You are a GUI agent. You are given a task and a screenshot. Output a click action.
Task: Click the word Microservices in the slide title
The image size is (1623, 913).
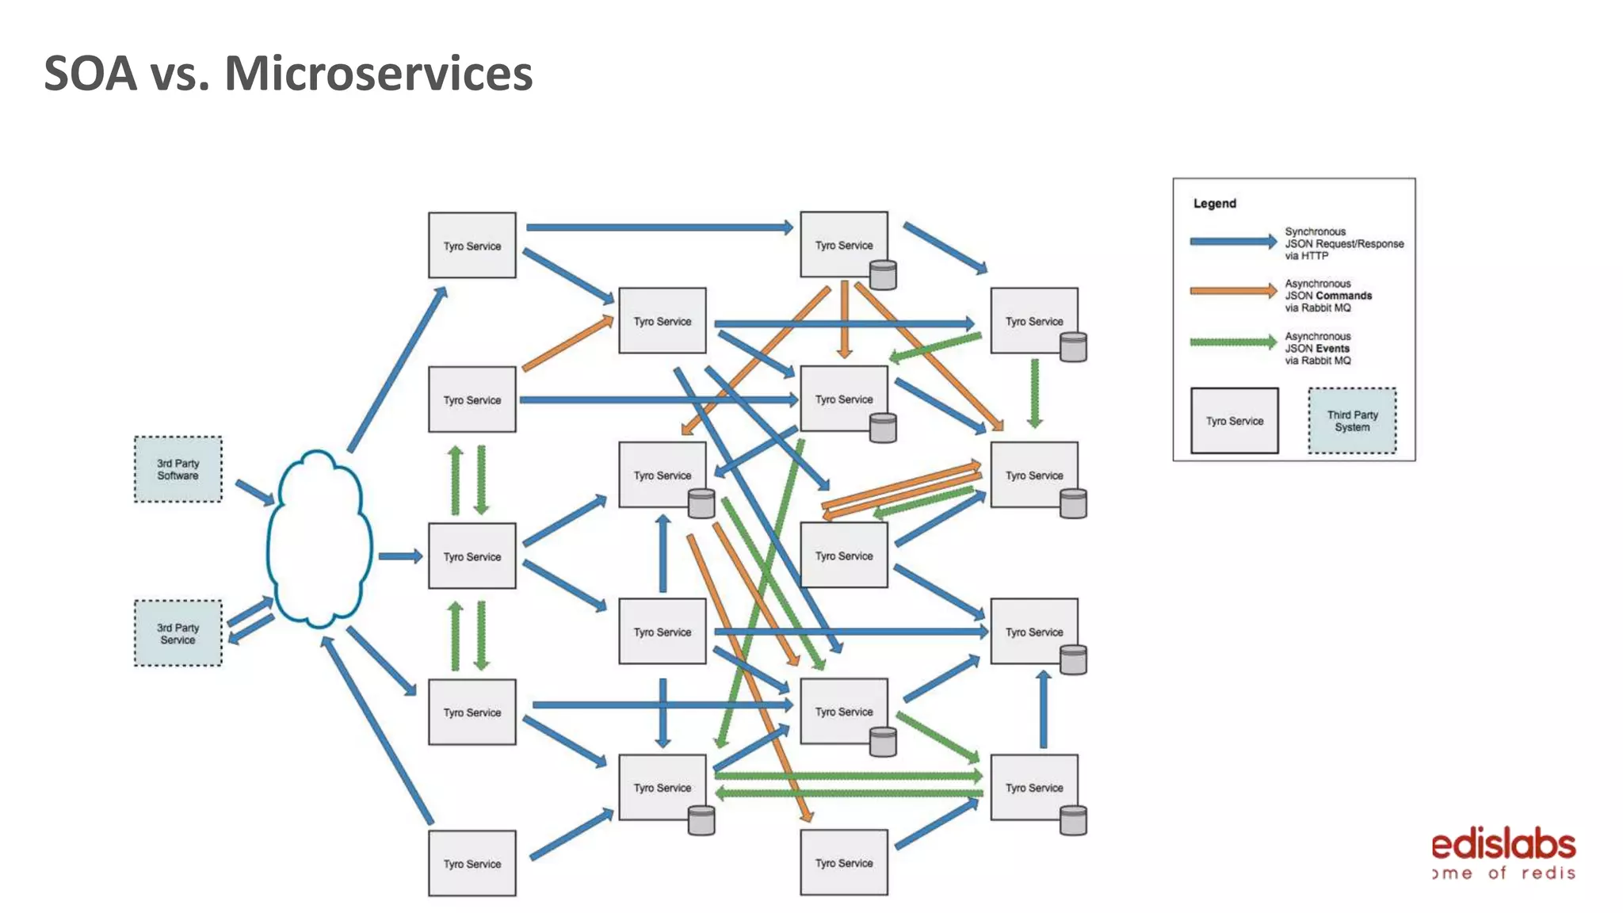coord(378,74)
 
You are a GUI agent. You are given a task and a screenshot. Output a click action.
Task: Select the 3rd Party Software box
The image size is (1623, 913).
coord(178,469)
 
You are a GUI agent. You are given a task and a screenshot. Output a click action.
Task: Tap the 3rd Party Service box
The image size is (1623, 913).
coord(178,633)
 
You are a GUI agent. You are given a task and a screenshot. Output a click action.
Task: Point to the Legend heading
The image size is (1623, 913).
coord(1214,204)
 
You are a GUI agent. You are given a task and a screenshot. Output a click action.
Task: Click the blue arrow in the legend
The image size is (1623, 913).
coord(1232,242)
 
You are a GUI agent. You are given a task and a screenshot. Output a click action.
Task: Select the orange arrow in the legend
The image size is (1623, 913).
coord(1232,291)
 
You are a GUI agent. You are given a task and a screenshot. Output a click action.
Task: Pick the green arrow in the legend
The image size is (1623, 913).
coord(1232,342)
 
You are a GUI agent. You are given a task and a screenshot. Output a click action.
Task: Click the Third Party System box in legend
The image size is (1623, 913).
coord(1352,421)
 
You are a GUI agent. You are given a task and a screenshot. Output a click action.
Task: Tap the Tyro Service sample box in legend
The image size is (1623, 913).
coord(1234,421)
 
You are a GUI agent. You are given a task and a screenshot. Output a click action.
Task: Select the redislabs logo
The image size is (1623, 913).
coord(1503,854)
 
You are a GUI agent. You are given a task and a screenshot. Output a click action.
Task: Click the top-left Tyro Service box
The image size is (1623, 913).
coord(472,246)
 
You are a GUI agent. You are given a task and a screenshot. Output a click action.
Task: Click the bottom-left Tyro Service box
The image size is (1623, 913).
coord(472,863)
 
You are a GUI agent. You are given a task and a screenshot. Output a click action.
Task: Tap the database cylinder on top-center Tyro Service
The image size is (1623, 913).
coord(883,275)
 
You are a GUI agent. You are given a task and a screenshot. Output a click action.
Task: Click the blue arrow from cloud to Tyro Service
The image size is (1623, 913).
coord(399,556)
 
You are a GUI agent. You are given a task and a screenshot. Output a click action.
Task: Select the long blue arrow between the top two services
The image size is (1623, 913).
coord(658,227)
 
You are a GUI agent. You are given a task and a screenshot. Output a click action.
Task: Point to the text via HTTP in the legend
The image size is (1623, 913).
coord(1306,256)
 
